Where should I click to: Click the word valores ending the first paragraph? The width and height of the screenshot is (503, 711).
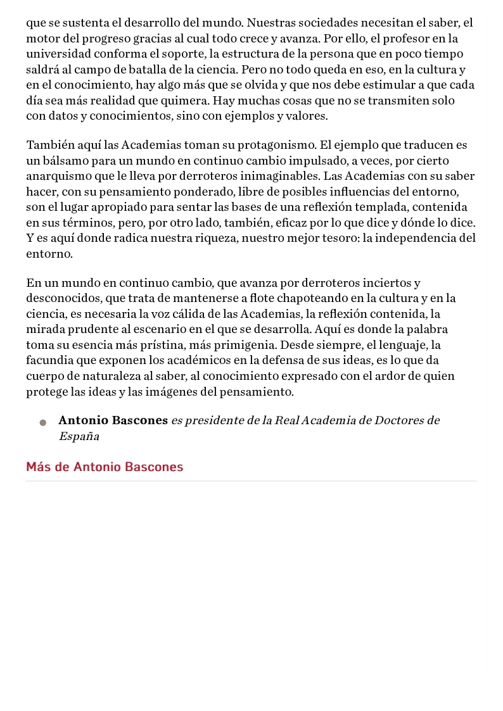306,116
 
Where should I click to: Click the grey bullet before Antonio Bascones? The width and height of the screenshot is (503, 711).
43,422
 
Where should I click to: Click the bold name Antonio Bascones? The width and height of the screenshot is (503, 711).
113,420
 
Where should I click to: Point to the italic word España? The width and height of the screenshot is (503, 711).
79,436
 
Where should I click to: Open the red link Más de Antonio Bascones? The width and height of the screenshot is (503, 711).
105,467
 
